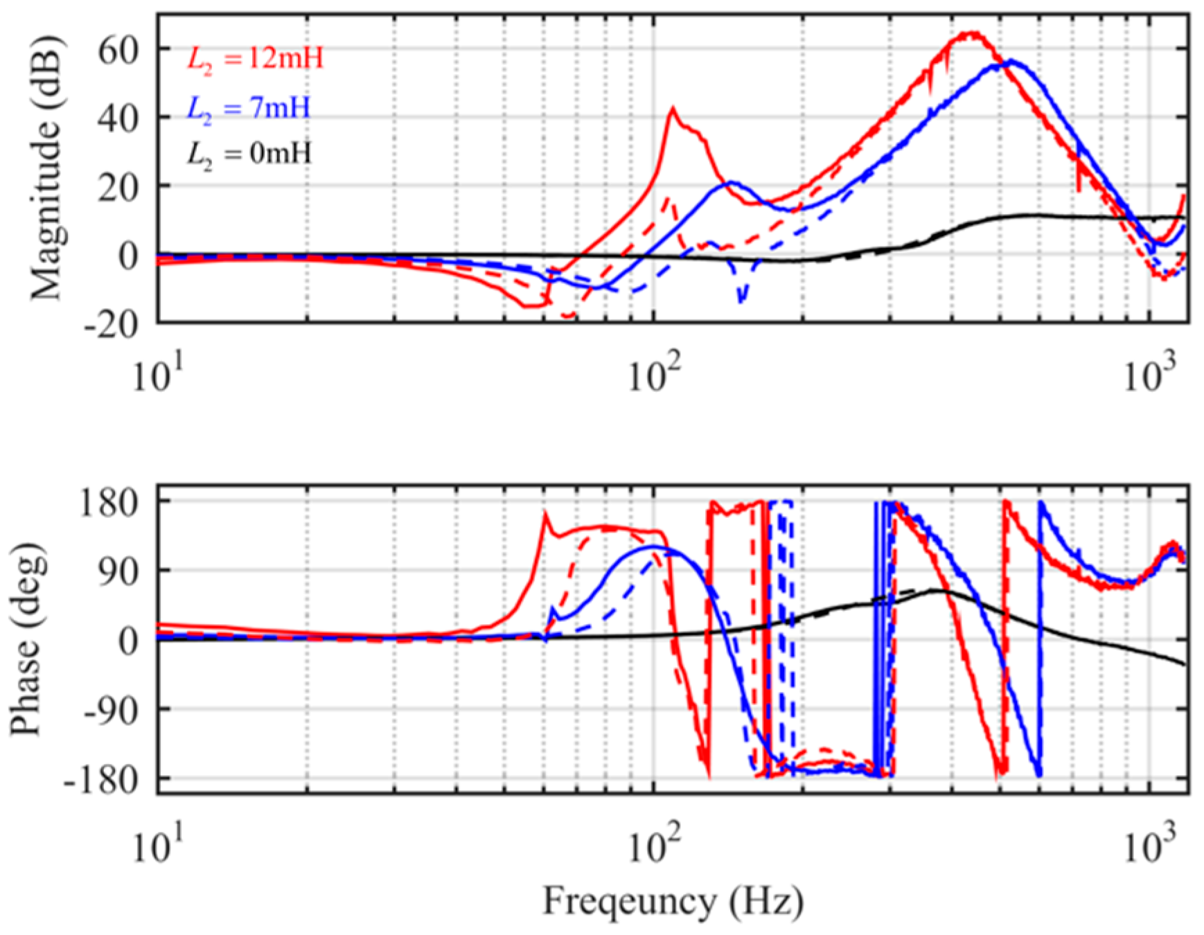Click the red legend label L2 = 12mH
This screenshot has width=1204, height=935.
point(255,59)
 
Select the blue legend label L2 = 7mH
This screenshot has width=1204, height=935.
point(248,108)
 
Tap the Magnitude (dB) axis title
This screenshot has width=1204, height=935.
point(46,168)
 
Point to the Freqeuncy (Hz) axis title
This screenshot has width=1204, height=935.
point(673,902)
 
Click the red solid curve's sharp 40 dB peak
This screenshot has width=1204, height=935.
point(671,108)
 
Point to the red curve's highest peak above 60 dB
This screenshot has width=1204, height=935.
point(973,33)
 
